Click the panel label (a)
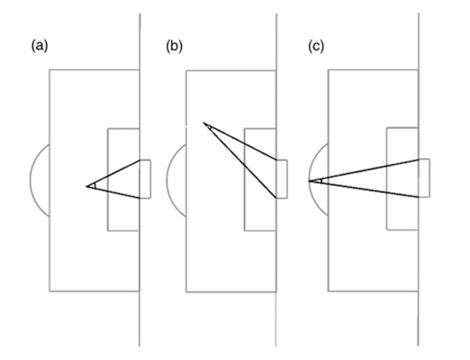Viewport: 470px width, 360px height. pos(40,46)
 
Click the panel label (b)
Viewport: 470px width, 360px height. pos(174,46)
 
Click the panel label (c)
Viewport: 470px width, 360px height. pos(316,46)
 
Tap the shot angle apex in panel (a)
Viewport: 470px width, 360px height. pos(86,187)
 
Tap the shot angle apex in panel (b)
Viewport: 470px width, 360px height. pos(204,123)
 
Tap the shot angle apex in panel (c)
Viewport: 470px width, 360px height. pos(309,181)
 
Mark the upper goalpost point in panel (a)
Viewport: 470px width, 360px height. pos(140,160)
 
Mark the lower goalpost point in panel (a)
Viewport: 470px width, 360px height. pos(140,198)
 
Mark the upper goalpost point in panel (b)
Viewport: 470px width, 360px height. pos(276,160)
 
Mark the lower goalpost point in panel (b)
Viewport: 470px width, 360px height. pos(276,198)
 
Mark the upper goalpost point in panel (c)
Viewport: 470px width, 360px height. pos(418,159)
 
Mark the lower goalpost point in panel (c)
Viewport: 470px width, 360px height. pos(418,197)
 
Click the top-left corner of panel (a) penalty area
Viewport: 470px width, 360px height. pos(50,70)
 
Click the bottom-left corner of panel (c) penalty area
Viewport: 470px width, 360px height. pos(328,291)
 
